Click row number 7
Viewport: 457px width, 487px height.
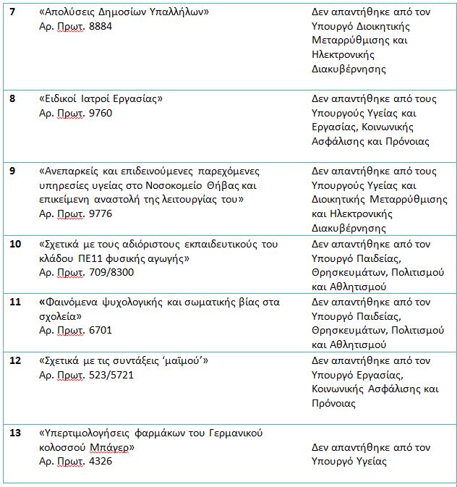(14, 14)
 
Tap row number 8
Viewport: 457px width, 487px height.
(14, 98)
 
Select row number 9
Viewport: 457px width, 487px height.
(14, 171)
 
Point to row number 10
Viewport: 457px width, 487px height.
(15, 244)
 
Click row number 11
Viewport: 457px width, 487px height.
(15, 302)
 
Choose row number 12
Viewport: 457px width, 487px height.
(15, 360)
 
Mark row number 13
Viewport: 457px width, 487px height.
(15, 433)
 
